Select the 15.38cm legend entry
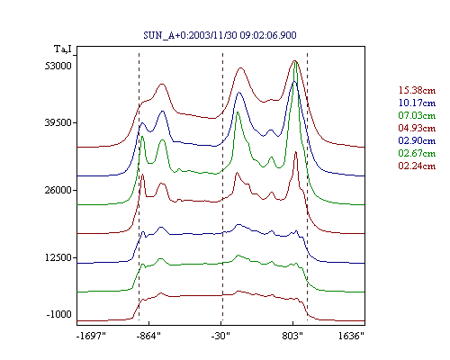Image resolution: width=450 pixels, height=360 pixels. tap(417, 90)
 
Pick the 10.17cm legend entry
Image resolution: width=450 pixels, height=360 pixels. tap(417, 103)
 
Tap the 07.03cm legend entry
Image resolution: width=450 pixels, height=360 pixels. tap(417, 115)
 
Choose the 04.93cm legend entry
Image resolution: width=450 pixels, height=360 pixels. tap(417, 128)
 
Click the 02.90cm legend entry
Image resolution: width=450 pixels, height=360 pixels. tap(417, 140)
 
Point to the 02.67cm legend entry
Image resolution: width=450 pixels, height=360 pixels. tap(417, 153)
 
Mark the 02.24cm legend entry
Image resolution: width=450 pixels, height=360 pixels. tap(417, 166)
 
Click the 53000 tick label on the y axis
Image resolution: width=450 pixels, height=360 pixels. tap(58, 66)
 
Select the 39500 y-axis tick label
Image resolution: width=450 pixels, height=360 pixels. tap(58, 122)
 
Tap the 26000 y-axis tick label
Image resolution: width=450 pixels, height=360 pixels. tap(58, 190)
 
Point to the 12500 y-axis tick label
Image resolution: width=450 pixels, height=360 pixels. tap(58, 257)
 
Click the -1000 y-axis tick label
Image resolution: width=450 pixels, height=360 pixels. tap(59, 314)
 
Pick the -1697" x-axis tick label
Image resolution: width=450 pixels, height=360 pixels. tap(91, 336)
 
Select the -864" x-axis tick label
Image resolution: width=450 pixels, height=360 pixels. tap(148, 336)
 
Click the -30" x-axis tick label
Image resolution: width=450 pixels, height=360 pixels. tap(220, 336)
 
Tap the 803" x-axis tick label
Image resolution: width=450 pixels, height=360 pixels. tap(292, 336)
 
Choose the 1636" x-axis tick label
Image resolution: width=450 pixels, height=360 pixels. tap(351, 336)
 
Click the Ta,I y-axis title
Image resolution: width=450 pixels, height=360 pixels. tap(63, 49)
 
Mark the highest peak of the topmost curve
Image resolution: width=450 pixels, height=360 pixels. tap(294, 60)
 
